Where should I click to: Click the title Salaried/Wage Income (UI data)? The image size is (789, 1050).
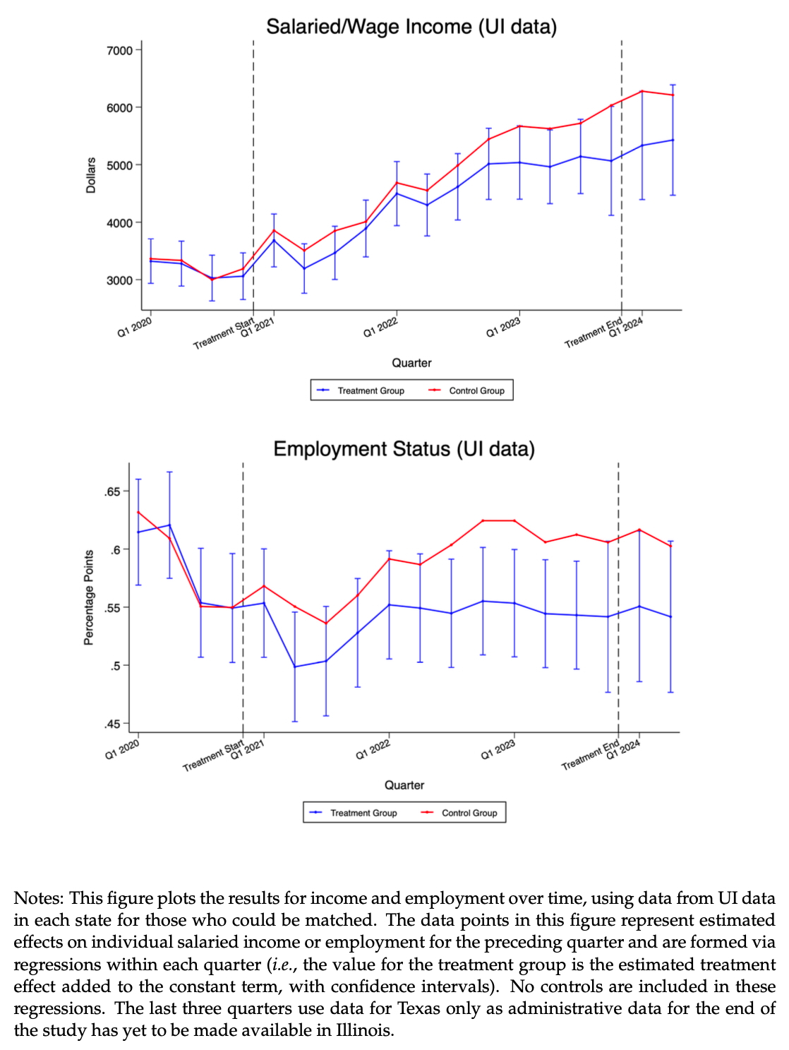411,27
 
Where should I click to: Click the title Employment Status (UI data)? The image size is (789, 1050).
404,449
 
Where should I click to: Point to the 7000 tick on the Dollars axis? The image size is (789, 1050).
119,50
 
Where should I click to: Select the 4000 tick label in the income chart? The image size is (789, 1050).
119,223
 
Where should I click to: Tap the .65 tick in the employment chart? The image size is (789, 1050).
113,491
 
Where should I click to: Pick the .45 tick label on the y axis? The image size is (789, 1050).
113,724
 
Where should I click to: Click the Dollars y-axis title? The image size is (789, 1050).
91,175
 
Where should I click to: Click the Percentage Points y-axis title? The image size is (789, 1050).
89,597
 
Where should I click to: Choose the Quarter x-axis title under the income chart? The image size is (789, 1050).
411,363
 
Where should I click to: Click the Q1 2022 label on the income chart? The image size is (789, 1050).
381,328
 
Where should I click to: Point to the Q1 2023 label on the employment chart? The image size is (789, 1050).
498,749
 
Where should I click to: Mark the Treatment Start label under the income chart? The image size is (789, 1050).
224,334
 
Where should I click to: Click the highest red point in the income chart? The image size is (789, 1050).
642,91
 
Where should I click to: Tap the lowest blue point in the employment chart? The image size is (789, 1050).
295,667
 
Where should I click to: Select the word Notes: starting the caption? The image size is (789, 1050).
39,898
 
